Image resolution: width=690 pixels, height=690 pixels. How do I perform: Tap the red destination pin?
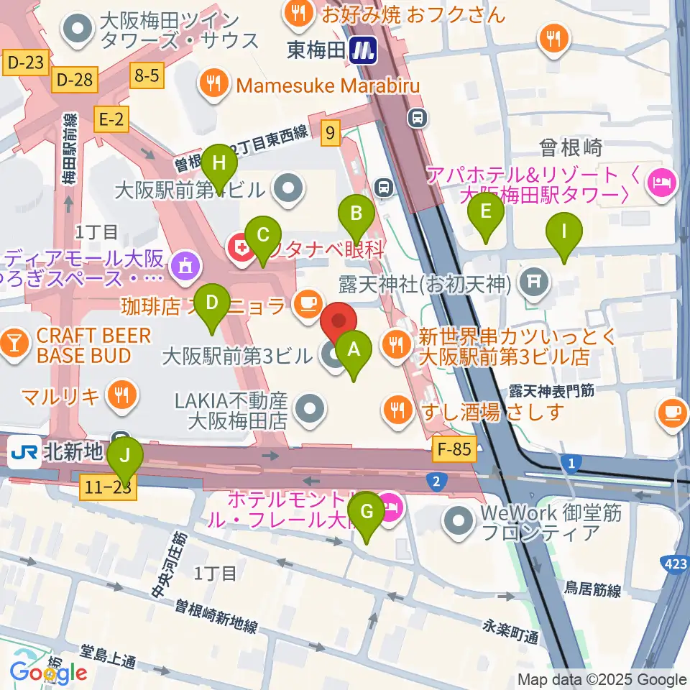coord(337,321)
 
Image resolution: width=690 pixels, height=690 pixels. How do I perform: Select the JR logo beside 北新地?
coord(24,453)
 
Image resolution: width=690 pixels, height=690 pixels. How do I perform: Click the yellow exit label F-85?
coord(454,451)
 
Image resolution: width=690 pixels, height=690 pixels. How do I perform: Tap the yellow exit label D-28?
coord(74,79)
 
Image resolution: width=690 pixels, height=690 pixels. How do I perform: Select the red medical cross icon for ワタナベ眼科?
coord(240,249)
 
